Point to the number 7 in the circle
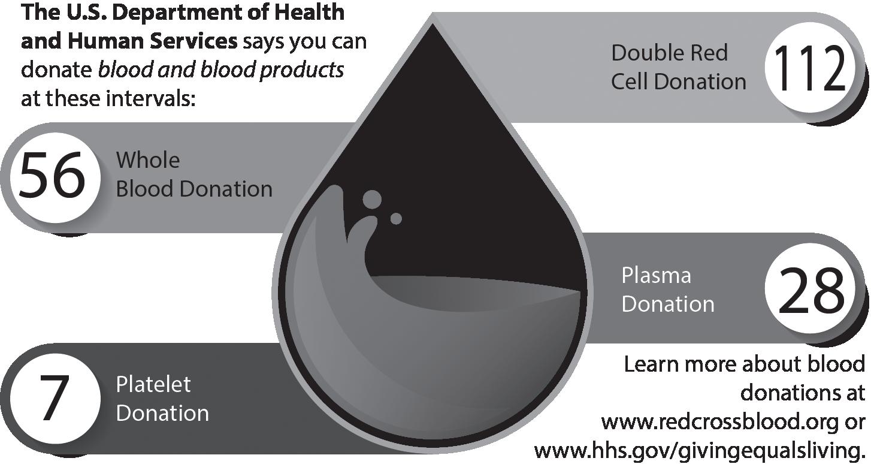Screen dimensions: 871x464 pyautogui.click(x=52, y=398)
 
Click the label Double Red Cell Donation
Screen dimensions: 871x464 pyautogui.click(x=678, y=67)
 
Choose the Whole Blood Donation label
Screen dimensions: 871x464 pyautogui.click(x=193, y=174)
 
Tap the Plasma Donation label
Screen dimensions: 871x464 pyautogui.click(x=667, y=290)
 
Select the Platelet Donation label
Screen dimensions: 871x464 pyautogui.click(x=162, y=399)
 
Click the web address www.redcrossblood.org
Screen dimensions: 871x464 pyautogui.click(x=719, y=422)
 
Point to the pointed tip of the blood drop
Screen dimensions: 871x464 pyautogui.click(x=433, y=19)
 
